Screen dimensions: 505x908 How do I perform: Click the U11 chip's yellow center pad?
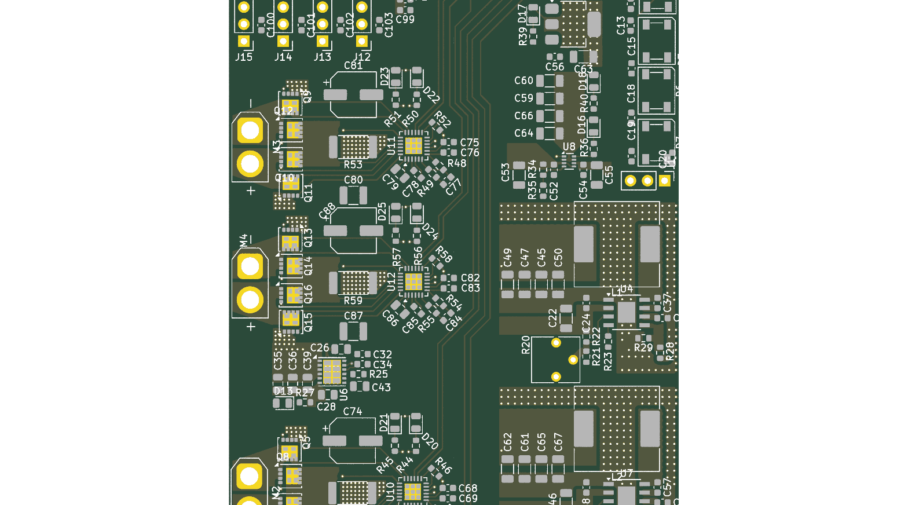[413, 145]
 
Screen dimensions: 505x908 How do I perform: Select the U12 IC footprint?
[413, 281]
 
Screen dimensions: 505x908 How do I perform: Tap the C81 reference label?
[353, 66]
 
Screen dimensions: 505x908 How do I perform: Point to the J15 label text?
[244, 57]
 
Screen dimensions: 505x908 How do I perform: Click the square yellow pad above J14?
[283, 42]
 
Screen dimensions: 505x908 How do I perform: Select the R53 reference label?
[353, 165]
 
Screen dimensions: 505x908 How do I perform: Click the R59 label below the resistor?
[353, 301]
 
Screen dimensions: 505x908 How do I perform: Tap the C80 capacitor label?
[353, 180]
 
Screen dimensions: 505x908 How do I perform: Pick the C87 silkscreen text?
[353, 316]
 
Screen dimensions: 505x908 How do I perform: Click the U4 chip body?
[626, 313]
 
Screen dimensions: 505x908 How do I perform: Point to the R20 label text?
[526, 345]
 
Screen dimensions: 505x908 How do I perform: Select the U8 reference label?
[569, 147]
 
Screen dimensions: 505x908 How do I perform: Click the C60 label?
[523, 81]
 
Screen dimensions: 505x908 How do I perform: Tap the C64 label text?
[523, 133]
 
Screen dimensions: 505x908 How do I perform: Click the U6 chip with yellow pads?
[332, 371]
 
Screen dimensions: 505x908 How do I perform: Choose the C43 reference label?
[381, 387]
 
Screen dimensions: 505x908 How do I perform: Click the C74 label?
[353, 412]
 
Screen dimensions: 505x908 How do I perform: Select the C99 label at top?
[405, 20]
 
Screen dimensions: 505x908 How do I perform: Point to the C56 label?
[554, 67]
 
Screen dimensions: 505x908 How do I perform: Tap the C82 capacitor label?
[470, 279]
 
